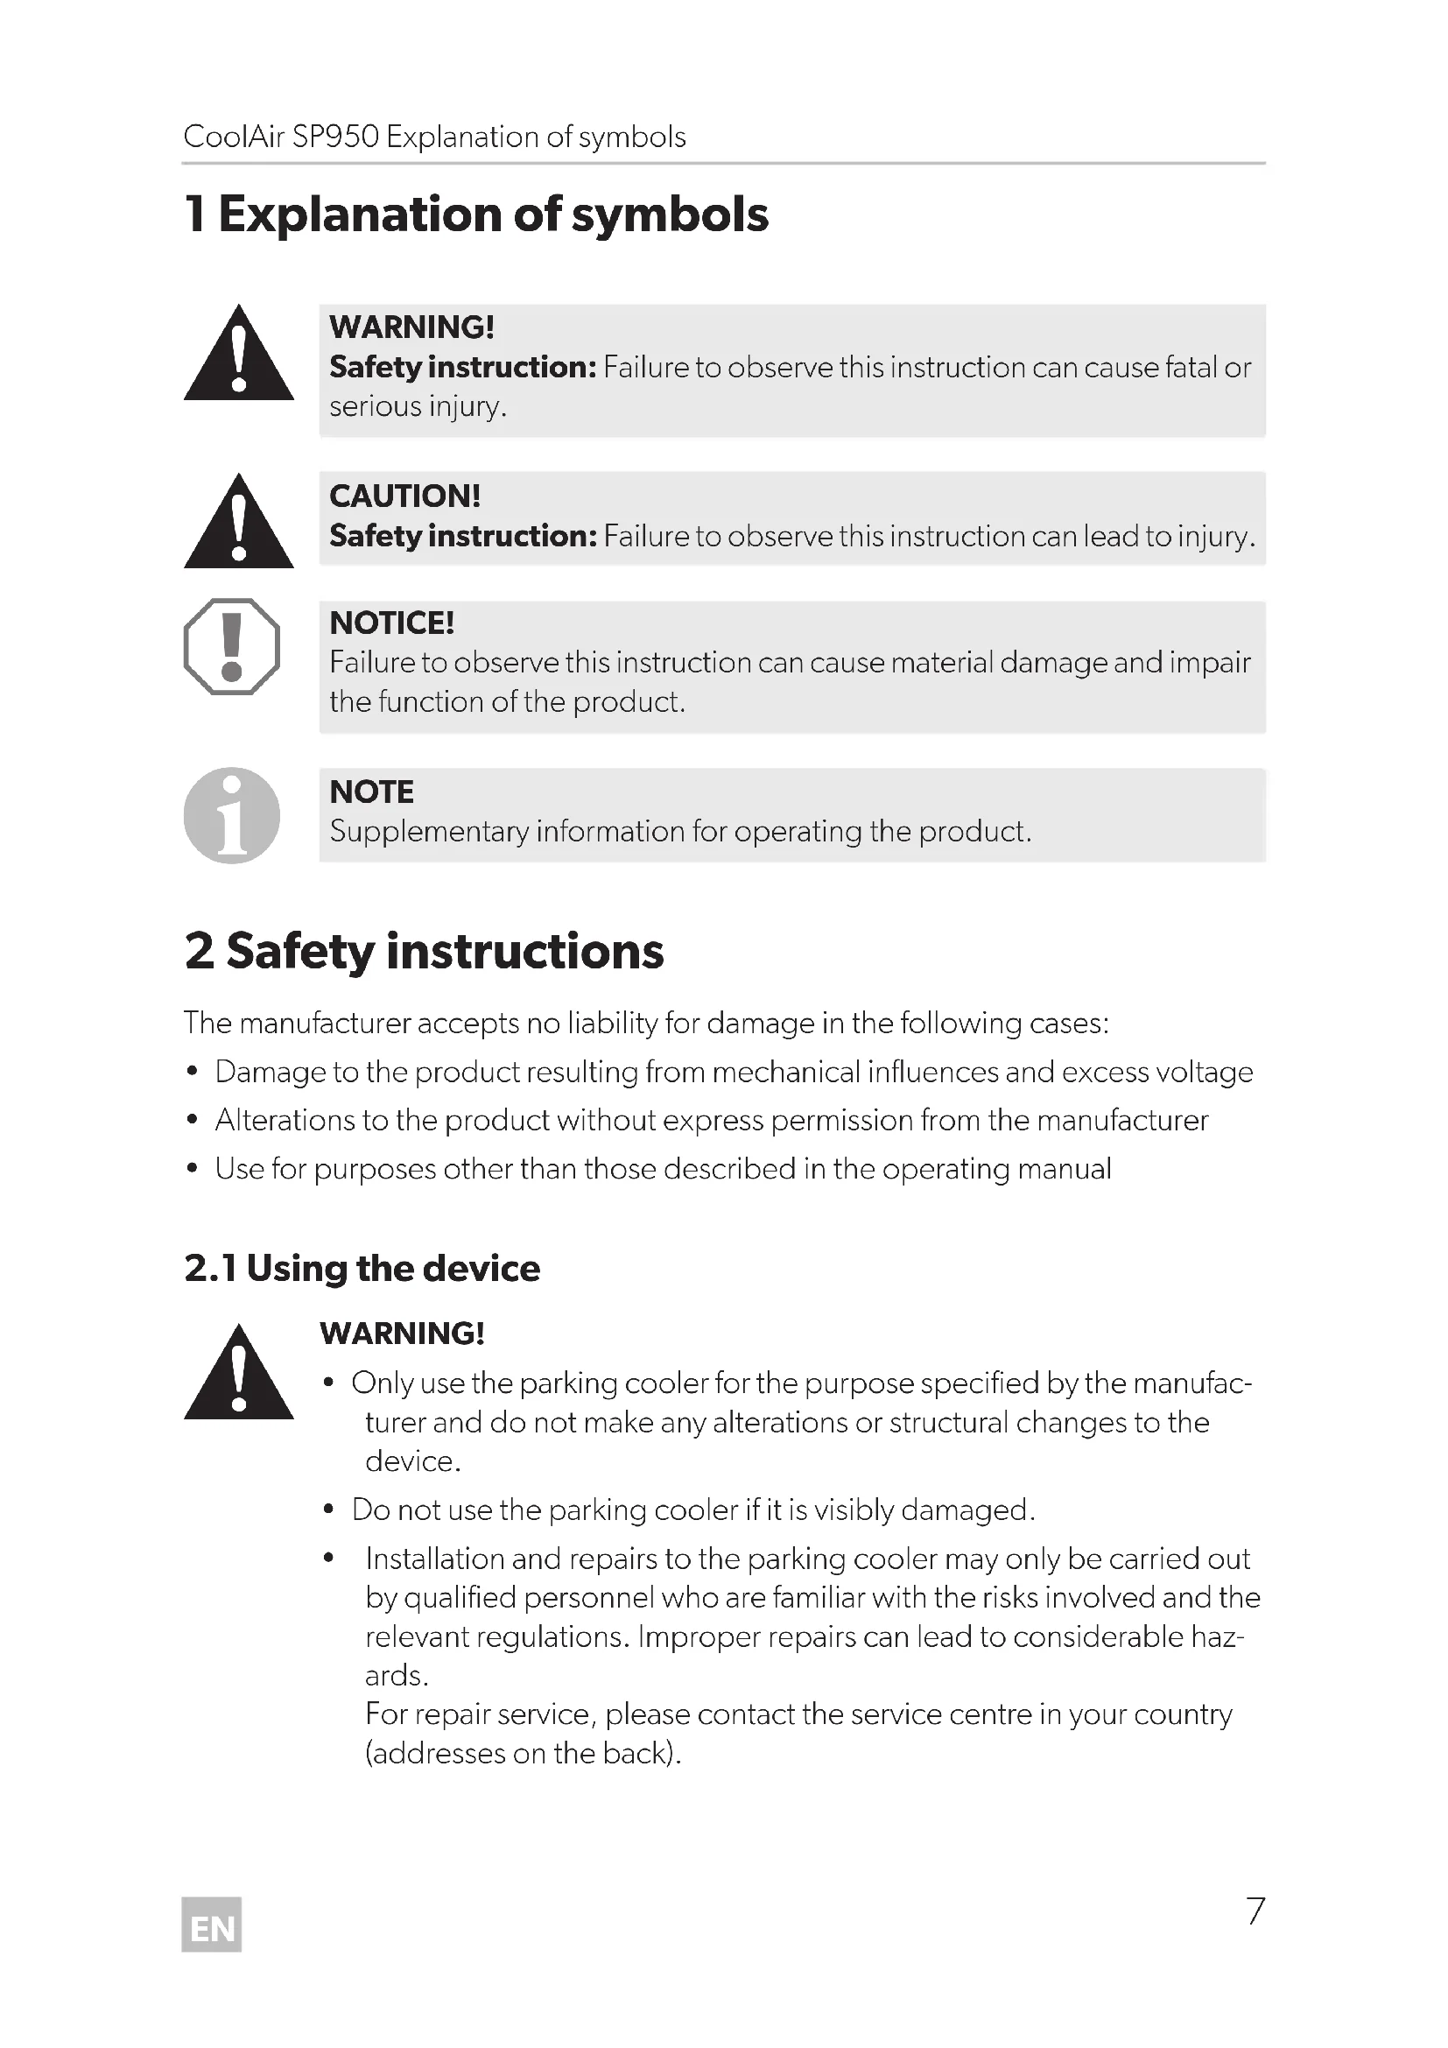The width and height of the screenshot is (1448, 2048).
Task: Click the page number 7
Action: tap(1255, 1911)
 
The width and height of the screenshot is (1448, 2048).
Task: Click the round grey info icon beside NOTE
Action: tap(232, 815)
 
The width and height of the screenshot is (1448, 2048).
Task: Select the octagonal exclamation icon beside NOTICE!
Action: tap(232, 647)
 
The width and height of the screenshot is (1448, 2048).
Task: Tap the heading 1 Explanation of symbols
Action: tap(476, 215)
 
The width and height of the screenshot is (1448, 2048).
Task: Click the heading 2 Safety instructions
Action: tap(425, 951)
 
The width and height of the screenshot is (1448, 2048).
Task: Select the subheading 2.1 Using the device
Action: tap(362, 1269)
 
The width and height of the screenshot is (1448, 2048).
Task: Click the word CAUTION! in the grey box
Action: tap(404, 496)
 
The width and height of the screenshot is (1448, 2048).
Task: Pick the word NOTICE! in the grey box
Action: tap(392, 623)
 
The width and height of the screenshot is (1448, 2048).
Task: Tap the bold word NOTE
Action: tap(372, 792)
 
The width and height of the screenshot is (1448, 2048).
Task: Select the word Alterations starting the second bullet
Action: tap(285, 1121)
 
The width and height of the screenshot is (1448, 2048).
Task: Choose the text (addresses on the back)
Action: tap(524, 1754)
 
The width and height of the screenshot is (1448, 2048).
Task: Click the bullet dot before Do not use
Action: tap(329, 1510)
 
